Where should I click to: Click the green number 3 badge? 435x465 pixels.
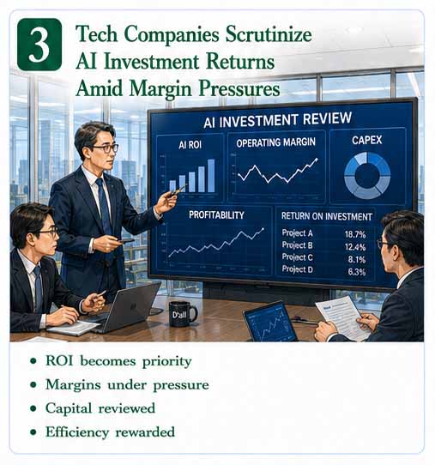[39, 45]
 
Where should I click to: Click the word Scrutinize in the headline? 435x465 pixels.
[269, 34]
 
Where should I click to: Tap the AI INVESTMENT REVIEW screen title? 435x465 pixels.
[277, 120]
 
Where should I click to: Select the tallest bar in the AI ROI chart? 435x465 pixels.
[211, 176]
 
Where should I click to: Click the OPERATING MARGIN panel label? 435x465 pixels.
[275, 142]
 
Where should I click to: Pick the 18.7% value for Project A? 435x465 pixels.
[355, 234]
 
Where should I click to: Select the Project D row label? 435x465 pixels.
[297, 269]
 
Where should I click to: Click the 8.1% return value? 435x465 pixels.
[357, 260]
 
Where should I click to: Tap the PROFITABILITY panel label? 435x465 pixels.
[216, 214]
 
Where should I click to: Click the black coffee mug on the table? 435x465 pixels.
[182, 314]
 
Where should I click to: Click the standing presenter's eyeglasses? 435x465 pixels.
[106, 148]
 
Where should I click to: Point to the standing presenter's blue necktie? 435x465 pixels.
[104, 205]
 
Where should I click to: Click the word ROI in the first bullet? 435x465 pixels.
[59, 360]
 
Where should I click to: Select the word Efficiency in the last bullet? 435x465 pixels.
[77, 432]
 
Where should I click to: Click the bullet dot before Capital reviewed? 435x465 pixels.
[33, 408]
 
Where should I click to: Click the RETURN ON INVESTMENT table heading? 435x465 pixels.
[327, 216]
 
